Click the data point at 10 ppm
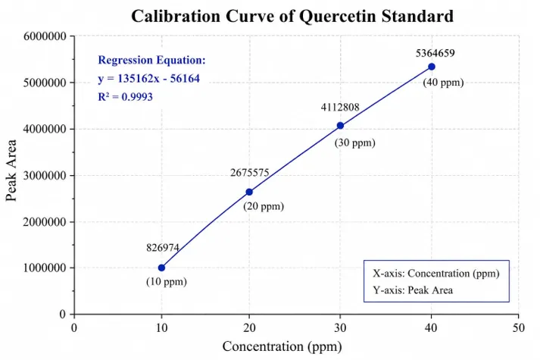(161, 268)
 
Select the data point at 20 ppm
(249, 192)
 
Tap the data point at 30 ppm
(340, 125)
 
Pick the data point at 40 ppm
(432, 67)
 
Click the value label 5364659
(435, 53)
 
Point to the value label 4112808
(340, 108)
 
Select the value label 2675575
(249, 172)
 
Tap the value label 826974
(163, 248)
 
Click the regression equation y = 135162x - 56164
(148, 79)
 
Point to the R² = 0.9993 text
(126, 97)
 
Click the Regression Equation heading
(151, 60)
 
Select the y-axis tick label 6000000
(45, 36)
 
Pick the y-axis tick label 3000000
(45, 175)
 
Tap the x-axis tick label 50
(518, 327)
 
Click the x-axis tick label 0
(74, 327)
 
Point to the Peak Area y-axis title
(11, 171)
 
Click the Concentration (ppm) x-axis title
(282, 346)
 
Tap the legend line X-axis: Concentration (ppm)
(436, 273)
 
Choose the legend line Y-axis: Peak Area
(413, 290)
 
